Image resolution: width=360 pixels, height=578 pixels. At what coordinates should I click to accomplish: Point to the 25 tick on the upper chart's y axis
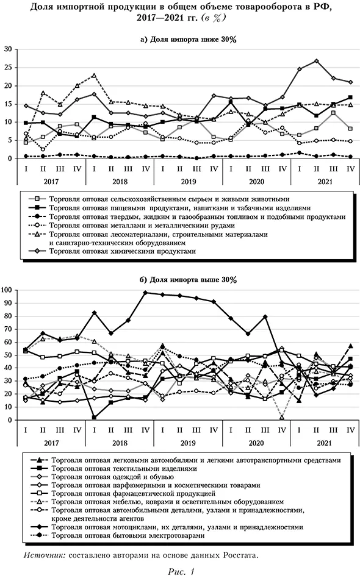click(x=8, y=68)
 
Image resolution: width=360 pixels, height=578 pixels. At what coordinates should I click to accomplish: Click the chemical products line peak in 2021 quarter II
click(x=317, y=61)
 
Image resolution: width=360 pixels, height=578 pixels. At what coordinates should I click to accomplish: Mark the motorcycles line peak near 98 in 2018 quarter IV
click(x=145, y=293)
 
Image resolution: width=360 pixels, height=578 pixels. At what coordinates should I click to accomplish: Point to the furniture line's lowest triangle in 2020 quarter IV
click(x=282, y=417)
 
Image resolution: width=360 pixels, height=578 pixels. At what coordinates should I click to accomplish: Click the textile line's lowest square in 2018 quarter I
click(x=95, y=418)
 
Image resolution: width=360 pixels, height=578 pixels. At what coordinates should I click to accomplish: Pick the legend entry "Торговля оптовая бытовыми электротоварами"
click(x=131, y=535)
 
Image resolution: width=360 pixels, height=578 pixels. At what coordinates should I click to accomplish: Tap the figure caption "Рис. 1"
click(x=180, y=571)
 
